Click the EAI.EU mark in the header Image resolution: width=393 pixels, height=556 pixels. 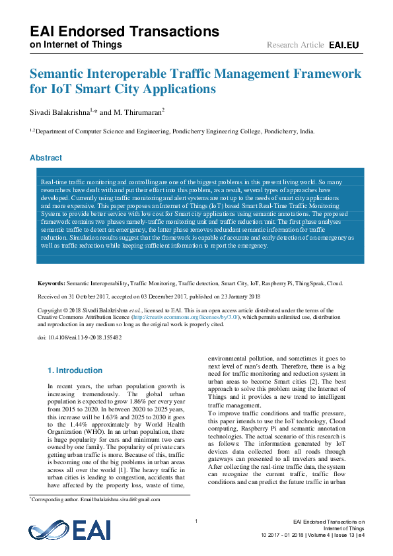coord(343,45)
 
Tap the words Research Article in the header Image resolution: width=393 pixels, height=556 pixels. coord(295,45)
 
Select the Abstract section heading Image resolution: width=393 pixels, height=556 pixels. coord(46,158)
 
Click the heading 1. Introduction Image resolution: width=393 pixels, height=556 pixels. coord(75,370)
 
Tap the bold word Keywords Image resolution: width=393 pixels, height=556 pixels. coord(50,283)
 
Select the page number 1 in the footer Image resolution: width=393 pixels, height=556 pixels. coord(196,522)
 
